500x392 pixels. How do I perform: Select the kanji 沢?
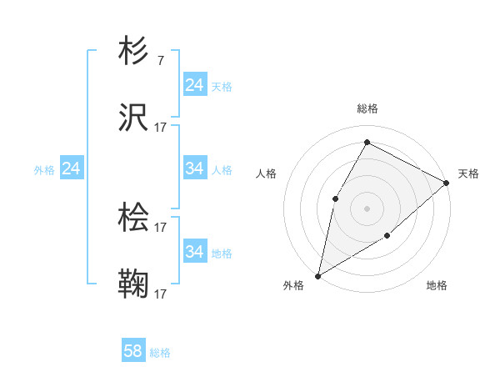pos(134,118)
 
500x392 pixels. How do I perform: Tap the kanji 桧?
pos(134,218)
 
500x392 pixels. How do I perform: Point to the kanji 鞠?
pos(134,284)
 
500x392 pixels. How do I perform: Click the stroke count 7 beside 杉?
pos(160,61)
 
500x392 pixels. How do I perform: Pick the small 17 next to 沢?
pos(161,128)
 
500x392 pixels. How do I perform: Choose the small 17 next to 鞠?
pos(161,294)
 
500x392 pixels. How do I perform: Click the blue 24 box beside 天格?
pos(194,85)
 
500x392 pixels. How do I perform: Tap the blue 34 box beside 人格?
pos(194,168)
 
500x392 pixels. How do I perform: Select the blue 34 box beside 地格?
pos(194,252)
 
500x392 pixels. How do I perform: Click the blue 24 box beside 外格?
pos(71,168)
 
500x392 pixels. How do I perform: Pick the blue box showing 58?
pos(133,351)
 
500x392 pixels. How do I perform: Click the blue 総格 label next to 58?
pos(160,353)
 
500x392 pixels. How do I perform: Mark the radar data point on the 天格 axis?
pos(447,183)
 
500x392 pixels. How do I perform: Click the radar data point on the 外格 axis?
pos(317,275)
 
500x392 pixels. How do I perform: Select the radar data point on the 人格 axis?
pos(335,198)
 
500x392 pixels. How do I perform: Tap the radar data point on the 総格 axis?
pos(367,142)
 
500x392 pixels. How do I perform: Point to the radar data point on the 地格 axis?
pos(387,236)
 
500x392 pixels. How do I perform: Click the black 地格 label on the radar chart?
pos(437,286)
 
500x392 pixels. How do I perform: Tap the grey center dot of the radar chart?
pos(367,208)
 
